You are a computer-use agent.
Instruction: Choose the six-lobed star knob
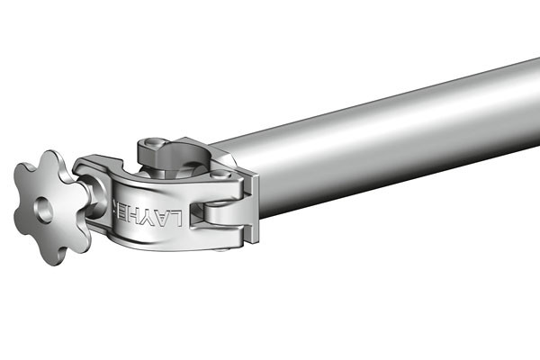(x=49, y=204)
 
